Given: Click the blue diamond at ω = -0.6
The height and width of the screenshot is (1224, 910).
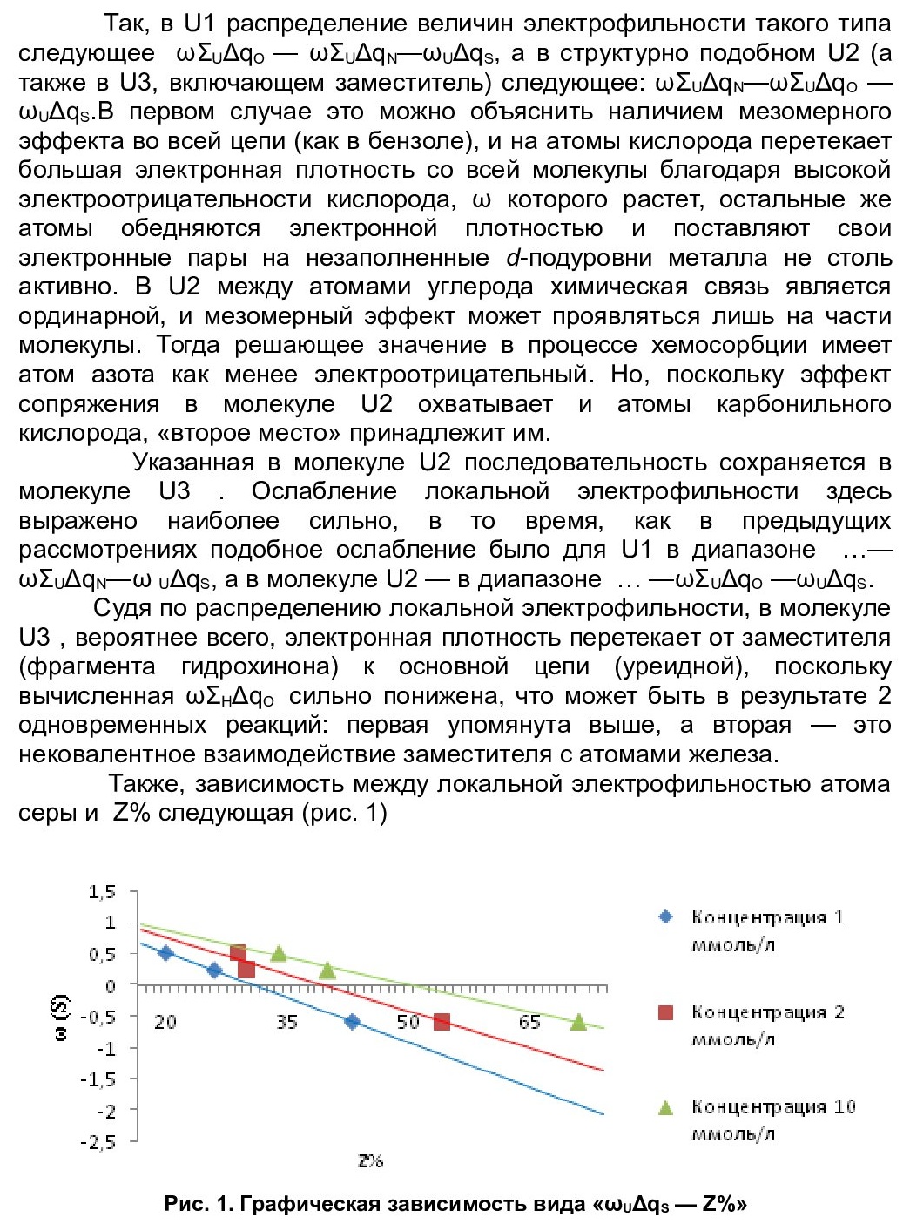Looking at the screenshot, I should pyautogui.click(x=352, y=1021).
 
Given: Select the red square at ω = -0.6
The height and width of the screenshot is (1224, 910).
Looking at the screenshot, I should pyautogui.click(x=442, y=1021).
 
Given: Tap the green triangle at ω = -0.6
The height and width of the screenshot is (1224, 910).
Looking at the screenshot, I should pyautogui.click(x=578, y=1022).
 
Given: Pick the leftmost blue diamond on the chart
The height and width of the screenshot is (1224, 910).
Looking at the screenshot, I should pyautogui.click(x=166, y=952).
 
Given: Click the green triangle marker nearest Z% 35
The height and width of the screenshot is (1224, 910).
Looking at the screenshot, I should pyautogui.click(x=279, y=953).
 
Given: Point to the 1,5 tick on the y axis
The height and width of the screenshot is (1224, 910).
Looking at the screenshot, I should pyautogui.click(x=102, y=891).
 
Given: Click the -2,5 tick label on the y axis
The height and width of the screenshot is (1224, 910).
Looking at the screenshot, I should pyautogui.click(x=98, y=1141).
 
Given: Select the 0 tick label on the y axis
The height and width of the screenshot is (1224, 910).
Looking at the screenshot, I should pyautogui.click(x=111, y=985).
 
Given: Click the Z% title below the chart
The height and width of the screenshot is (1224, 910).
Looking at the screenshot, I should pyautogui.click(x=370, y=1160).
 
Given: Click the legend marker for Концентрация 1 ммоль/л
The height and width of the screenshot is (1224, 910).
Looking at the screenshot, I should pyautogui.click(x=666, y=916).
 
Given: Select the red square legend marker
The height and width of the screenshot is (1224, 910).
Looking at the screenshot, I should pyautogui.click(x=666, y=1011).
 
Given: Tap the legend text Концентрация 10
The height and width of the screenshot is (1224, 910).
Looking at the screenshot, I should pyautogui.click(x=773, y=1106).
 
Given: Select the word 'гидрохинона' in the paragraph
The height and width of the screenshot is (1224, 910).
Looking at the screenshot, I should pyautogui.click(x=259, y=666).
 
